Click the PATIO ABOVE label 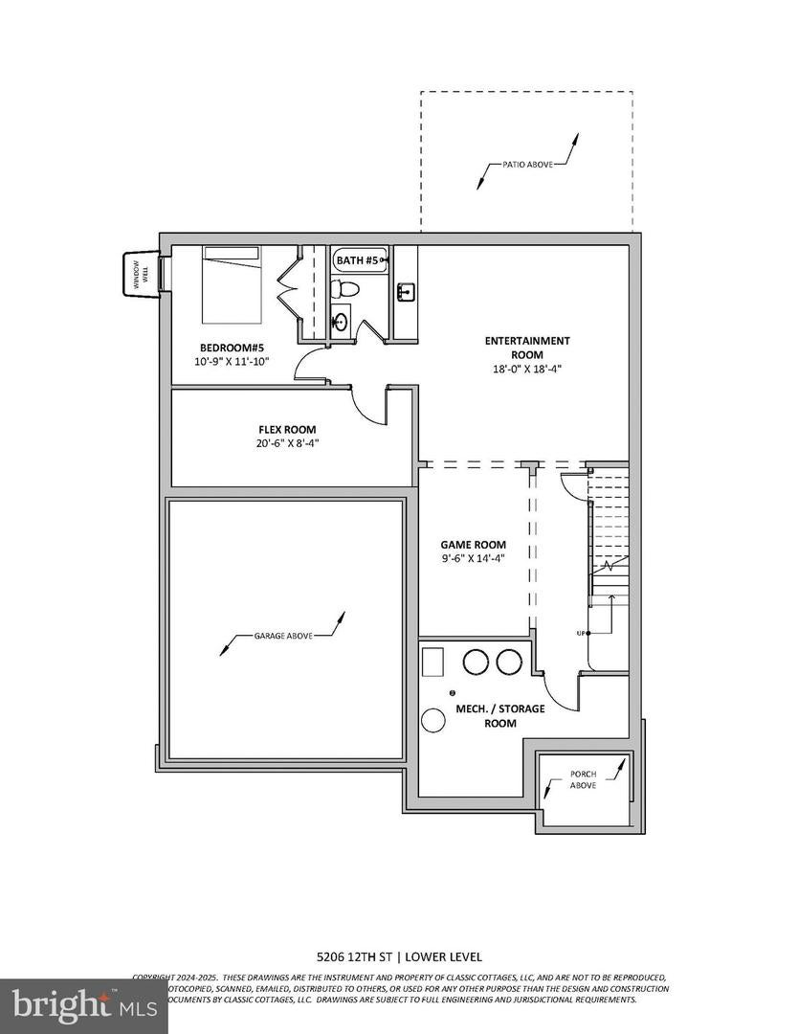[527, 164]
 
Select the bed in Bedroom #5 [231, 284]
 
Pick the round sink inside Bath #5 [341, 321]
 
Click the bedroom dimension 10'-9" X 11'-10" [233, 361]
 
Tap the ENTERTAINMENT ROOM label [527, 348]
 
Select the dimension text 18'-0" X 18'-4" [527, 369]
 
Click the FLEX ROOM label [287, 430]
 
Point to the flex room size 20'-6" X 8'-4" [287, 443]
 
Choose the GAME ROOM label [474, 545]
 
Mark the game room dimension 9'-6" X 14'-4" [474, 558]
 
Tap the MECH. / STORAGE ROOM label [499, 715]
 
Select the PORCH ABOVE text [583, 778]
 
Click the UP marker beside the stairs [580, 633]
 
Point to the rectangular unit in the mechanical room [433, 663]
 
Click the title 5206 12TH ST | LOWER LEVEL [399, 956]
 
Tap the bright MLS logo [70, 1006]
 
